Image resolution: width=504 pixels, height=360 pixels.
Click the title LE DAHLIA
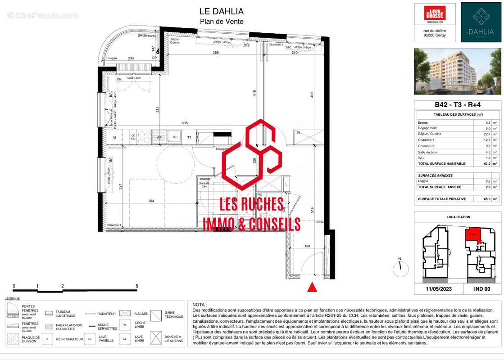tap(221, 11)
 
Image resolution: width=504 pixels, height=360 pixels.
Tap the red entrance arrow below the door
tap(312, 287)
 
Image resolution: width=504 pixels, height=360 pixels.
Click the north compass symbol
tap(400, 269)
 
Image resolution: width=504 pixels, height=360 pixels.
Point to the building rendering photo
tap(457, 71)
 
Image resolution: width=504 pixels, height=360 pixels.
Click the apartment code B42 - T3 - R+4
tap(457, 105)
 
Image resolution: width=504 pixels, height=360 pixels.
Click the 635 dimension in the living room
tap(185, 123)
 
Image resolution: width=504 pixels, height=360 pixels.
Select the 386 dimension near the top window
tap(215, 53)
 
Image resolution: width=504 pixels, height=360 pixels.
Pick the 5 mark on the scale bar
tap(137, 286)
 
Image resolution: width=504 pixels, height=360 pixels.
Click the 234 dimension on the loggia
tap(131, 58)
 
